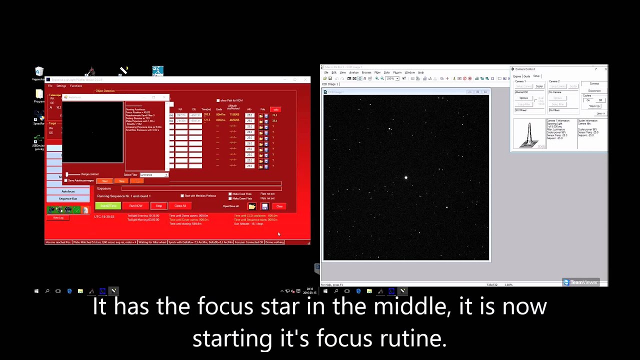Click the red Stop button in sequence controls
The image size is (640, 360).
(x=158, y=206)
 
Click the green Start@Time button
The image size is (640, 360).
(x=108, y=206)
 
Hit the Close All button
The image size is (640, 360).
(x=180, y=206)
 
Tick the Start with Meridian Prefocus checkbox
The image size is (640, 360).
(x=182, y=196)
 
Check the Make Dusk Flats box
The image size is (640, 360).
(x=230, y=194)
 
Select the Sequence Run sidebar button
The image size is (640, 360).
(x=68, y=198)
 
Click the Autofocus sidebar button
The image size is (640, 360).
(x=68, y=191)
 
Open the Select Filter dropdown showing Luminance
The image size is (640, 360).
(x=154, y=175)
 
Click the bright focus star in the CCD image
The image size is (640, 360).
(x=406, y=177)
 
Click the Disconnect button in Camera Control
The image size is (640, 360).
(x=594, y=91)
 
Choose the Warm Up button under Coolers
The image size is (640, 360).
(x=594, y=106)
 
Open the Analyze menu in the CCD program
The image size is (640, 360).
(x=354, y=72)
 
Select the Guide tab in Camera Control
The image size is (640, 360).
(x=526, y=76)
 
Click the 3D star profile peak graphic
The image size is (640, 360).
(x=529, y=134)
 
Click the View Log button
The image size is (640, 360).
(x=58, y=217)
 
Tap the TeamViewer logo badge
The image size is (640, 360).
(x=580, y=282)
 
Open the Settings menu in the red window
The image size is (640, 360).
(x=61, y=86)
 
